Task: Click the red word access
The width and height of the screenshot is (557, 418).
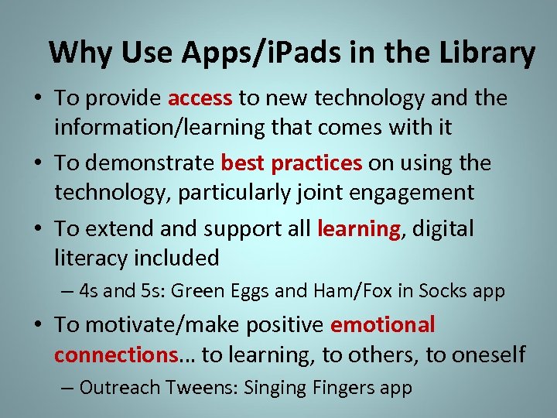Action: pos(200,98)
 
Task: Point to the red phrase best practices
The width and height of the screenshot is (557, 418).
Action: pos(291,163)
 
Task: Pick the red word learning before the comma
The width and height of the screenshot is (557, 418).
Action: pos(358,229)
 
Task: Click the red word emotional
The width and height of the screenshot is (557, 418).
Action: pos(382,325)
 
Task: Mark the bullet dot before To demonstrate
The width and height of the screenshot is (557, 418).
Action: pos(38,164)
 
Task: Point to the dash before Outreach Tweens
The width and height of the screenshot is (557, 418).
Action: pos(69,388)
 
